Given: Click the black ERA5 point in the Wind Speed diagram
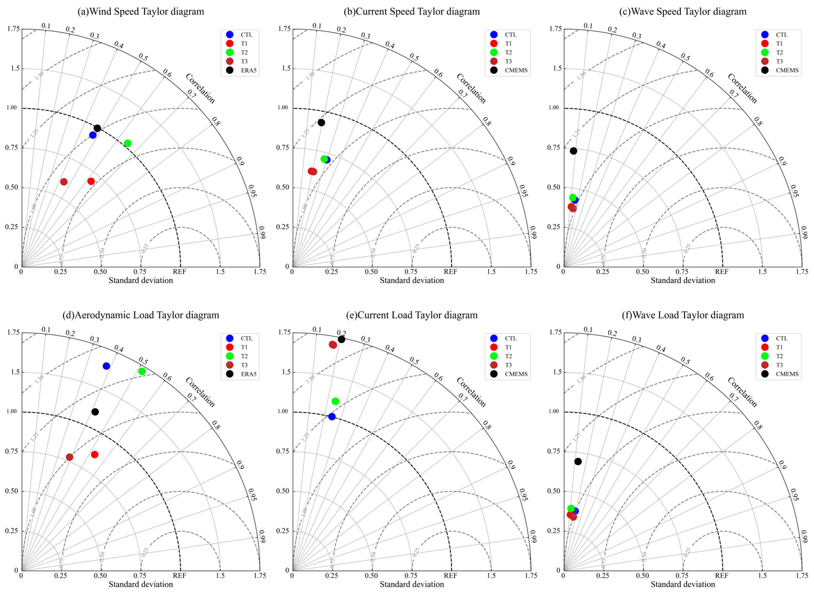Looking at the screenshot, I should (97, 128).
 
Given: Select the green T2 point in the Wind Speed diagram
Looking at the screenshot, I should (127, 143).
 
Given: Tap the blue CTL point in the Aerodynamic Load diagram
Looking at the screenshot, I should (106, 366).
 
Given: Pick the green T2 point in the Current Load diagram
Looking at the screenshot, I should (335, 401).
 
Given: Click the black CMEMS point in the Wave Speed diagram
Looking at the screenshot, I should (574, 151).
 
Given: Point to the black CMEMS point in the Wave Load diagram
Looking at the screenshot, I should (578, 461).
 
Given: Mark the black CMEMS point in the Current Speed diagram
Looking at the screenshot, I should (321, 122).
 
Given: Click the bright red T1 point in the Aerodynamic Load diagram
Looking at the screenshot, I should (94, 454).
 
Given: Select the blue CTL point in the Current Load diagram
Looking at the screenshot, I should (332, 416).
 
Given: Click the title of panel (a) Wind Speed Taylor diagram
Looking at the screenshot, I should (141, 11).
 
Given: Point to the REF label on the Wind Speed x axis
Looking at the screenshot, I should (180, 272).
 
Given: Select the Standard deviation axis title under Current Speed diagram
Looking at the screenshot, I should (412, 280).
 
